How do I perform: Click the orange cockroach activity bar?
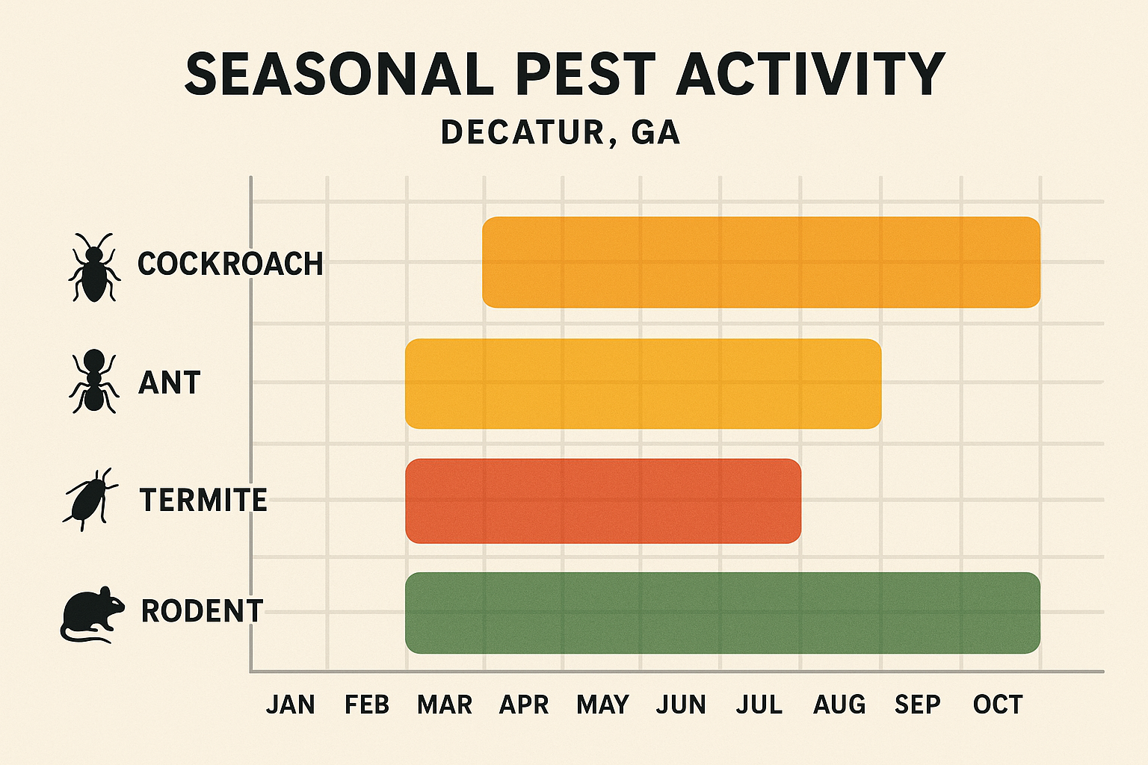761,262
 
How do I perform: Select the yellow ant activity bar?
643,383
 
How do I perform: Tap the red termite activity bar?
602,501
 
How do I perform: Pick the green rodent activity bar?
722,613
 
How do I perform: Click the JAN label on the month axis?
291,704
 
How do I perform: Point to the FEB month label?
367,704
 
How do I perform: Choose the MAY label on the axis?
602,704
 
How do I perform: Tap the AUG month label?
839,704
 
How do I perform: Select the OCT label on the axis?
998,704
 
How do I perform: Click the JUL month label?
759,704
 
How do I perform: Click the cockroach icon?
93,267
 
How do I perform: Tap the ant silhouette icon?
93,382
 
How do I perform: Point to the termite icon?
90,499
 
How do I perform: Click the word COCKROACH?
230,264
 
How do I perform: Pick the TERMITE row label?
203,500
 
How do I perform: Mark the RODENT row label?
202,611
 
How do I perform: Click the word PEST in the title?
585,75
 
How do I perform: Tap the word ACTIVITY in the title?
811,75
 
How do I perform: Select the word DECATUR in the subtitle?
522,133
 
